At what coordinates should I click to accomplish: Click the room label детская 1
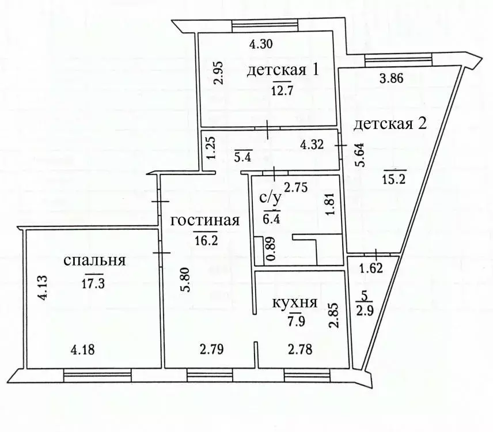(283, 71)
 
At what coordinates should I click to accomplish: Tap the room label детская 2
(389, 124)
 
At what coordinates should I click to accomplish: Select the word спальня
(95, 260)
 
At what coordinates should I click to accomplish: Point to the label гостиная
(204, 221)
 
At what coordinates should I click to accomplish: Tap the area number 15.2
(395, 179)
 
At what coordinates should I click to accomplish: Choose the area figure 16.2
(206, 240)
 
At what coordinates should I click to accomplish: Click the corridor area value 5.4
(244, 156)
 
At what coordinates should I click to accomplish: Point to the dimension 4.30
(260, 43)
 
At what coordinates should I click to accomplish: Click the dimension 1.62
(371, 267)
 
